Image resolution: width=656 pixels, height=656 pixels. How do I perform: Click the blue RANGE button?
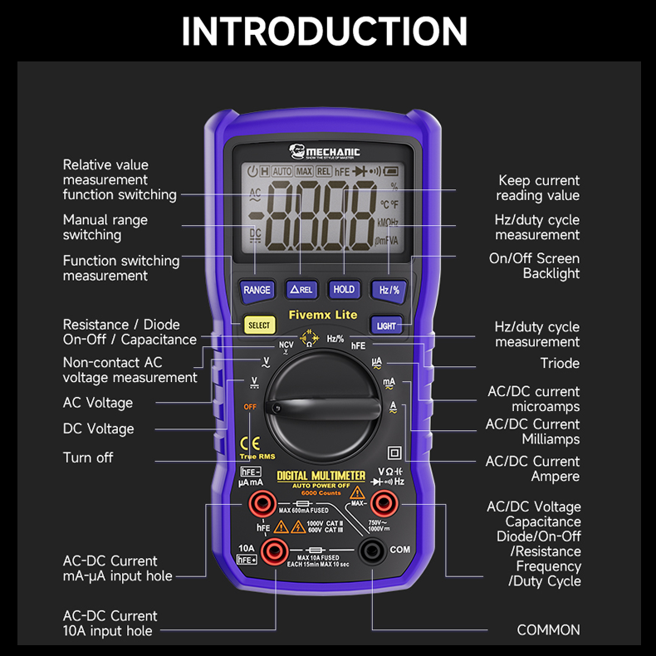pyautogui.click(x=257, y=290)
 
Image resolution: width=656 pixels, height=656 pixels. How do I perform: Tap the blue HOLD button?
pyautogui.click(x=343, y=290)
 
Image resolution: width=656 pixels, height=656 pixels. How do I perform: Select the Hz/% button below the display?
pyautogui.click(x=389, y=290)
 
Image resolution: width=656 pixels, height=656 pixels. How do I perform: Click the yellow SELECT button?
pyautogui.click(x=259, y=326)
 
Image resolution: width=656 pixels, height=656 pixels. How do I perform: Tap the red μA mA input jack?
pyautogui.click(x=263, y=502)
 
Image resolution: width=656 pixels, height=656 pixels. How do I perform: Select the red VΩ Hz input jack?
pyautogui.click(x=383, y=502)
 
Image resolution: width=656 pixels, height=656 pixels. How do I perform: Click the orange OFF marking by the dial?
pyautogui.click(x=249, y=407)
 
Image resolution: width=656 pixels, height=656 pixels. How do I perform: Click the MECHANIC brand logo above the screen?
pyautogui.click(x=325, y=151)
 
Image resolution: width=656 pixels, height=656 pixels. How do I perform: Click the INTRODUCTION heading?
pyautogui.click(x=325, y=31)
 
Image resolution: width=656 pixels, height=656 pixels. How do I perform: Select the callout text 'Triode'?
pyautogui.click(x=560, y=364)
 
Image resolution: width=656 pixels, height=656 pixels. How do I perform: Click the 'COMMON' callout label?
pyautogui.click(x=548, y=630)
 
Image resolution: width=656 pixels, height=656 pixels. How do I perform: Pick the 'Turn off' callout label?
pyautogui.click(x=88, y=458)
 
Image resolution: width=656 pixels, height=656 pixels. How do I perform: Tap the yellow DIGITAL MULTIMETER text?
pyautogui.click(x=321, y=476)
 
